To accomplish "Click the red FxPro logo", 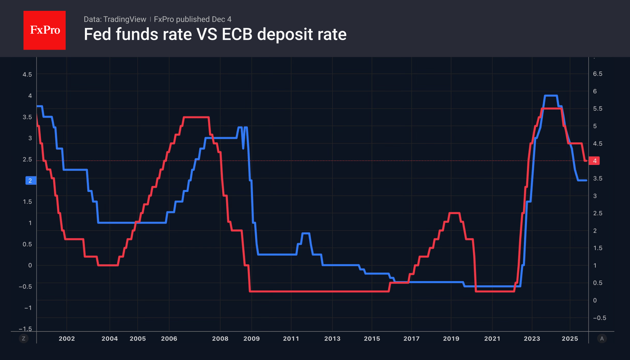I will point(45,30).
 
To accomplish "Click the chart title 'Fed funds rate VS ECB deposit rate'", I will point(215,34).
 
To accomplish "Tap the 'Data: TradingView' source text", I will point(115,19).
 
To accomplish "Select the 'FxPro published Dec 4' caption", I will point(192,19).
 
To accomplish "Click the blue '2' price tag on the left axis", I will point(30,181).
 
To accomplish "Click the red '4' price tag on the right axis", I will point(594,161).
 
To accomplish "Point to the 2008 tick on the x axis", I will point(220,338).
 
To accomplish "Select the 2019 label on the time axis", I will point(451,338).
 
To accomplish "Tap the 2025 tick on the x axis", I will point(570,338).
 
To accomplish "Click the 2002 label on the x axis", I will point(67,338).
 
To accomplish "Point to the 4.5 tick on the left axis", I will point(27,74).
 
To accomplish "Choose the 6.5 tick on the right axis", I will point(597,74).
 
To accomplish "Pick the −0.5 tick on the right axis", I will point(599,318).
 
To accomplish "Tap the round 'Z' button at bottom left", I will point(23,338).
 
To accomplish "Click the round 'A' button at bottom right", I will point(602,338).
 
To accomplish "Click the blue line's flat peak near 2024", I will point(551,96).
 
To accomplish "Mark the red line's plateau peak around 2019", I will point(454,213).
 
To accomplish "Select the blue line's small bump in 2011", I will point(306,233).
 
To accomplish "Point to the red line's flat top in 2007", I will point(196,117).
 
